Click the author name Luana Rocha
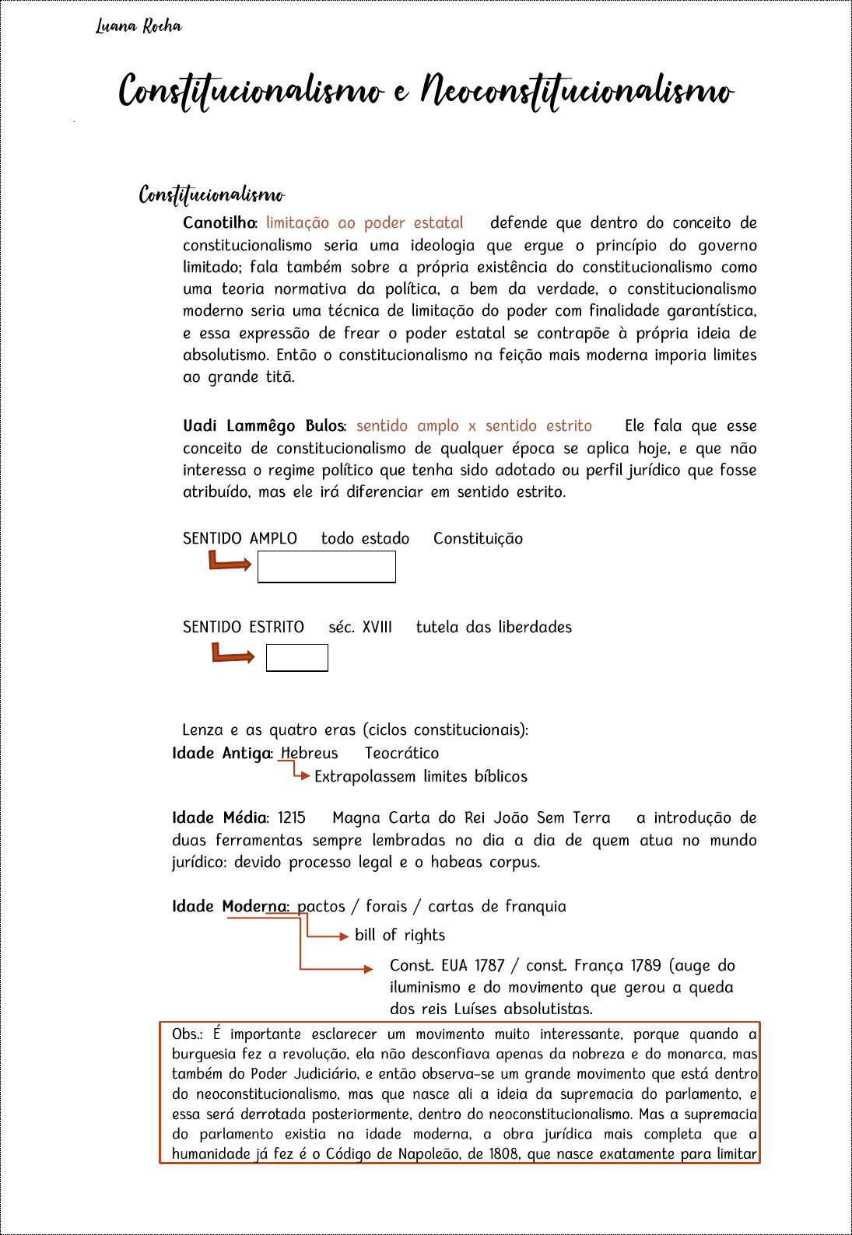pyautogui.click(x=138, y=26)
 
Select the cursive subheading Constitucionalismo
pyautogui.click(x=212, y=194)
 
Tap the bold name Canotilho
pyautogui.click(x=219, y=223)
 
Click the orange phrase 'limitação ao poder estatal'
pyautogui.click(x=364, y=223)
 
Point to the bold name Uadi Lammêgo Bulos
pyautogui.click(x=263, y=426)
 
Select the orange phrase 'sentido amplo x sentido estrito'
pyautogui.click(x=474, y=426)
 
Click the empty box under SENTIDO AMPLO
pyautogui.click(x=326, y=567)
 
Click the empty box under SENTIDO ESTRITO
pyautogui.click(x=296, y=658)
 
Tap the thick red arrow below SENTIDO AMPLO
pyautogui.click(x=230, y=562)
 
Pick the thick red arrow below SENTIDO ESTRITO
pyautogui.click(x=233, y=655)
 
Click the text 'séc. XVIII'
pyautogui.click(x=359, y=628)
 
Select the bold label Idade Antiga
pyautogui.click(x=222, y=754)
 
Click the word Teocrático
pyautogui.click(x=401, y=754)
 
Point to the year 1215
pyautogui.click(x=292, y=818)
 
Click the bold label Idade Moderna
pyautogui.click(x=230, y=907)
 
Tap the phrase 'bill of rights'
pyautogui.click(x=400, y=936)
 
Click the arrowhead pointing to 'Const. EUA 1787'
pyautogui.click(x=369, y=968)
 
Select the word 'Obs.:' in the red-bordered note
pyautogui.click(x=187, y=1034)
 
